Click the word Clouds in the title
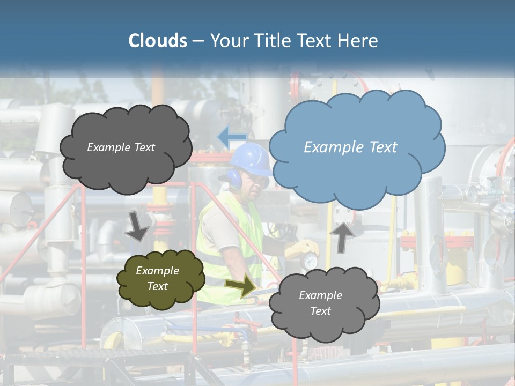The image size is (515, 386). (x=158, y=41)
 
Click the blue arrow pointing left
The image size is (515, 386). (x=232, y=137)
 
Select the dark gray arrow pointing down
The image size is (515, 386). (x=138, y=226)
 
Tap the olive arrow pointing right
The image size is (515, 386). (x=241, y=286)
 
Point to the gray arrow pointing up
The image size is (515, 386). (x=343, y=236)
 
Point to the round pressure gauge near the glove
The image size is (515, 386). (x=309, y=262)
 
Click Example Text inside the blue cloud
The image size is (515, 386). (x=350, y=147)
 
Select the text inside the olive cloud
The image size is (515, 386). (x=158, y=278)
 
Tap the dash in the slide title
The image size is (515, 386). (x=198, y=41)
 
